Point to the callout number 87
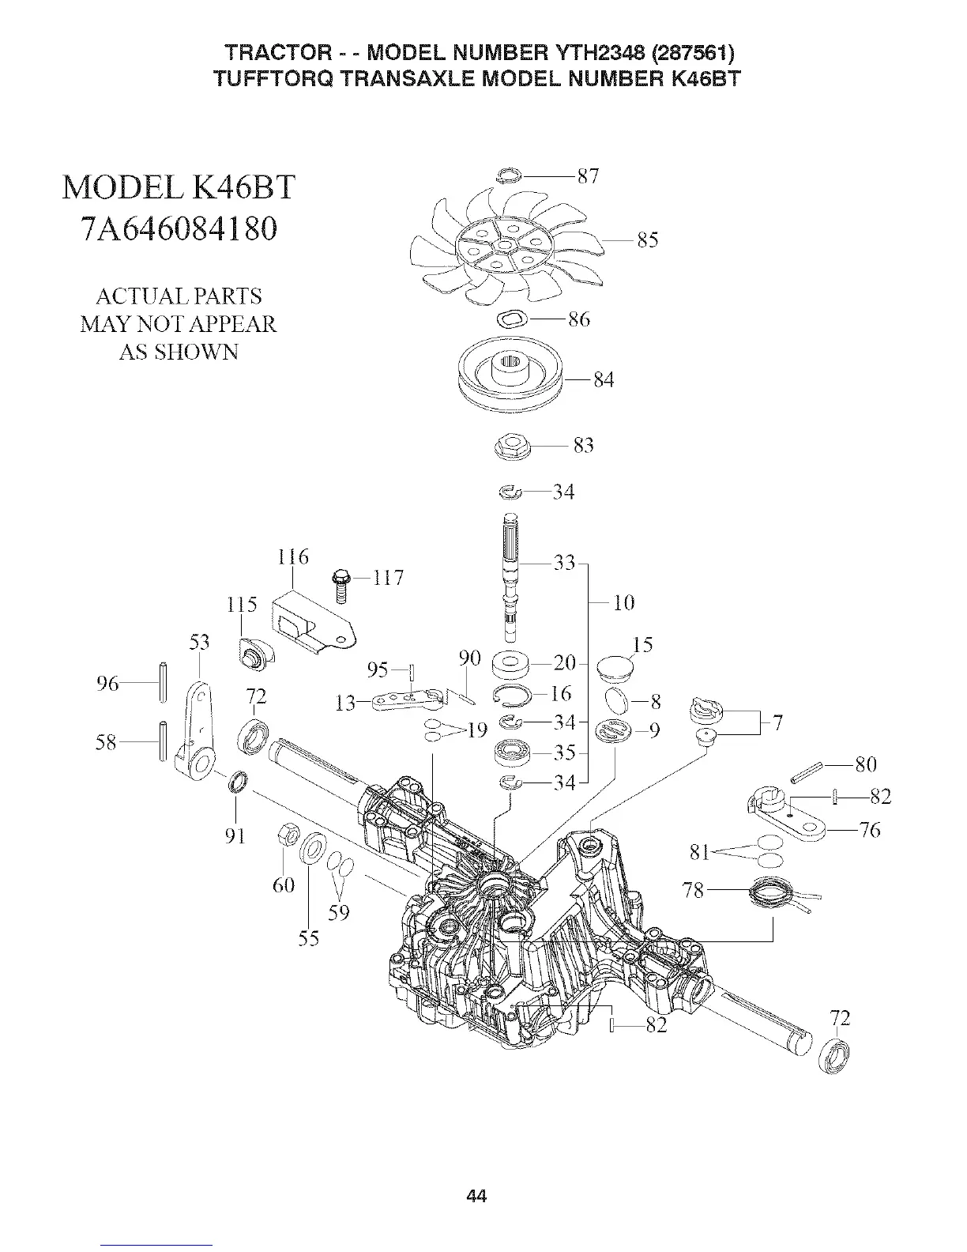[588, 175]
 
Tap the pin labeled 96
[163, 681]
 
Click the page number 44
[476, 1197]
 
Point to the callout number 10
[623, 603]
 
